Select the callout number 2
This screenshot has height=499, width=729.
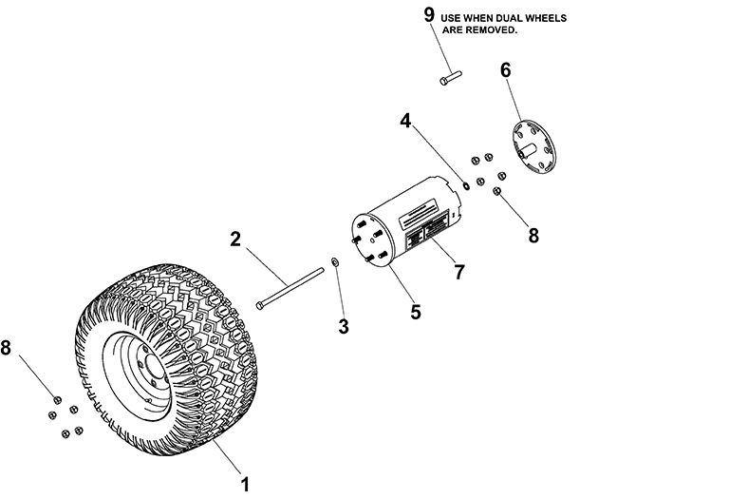(x=234, y=240)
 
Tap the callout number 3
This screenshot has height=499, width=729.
(x=344, y=326)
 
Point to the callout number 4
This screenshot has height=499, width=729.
(x=404, y=121)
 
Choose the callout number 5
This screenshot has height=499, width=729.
(x=415, y=311)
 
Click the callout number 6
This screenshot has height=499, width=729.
(x=505, y=70)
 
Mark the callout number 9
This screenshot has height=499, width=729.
(x=428, y=14)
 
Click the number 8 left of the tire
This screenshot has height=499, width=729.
(x=8, y=349)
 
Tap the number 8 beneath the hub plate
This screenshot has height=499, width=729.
(x=533, y=236)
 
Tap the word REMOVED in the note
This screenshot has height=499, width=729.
(x=496, y=30)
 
